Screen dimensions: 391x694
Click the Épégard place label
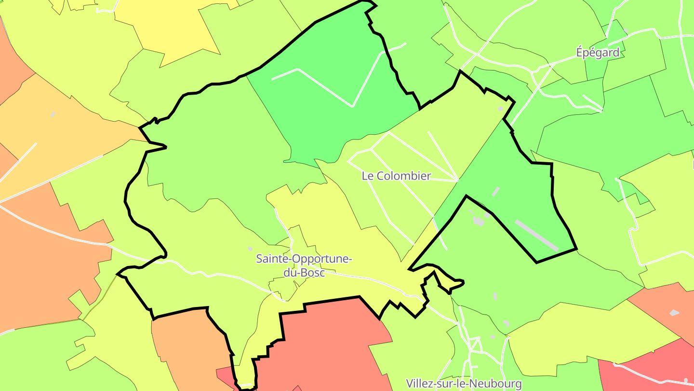pos(598,53)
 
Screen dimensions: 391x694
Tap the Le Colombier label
pos(396,176)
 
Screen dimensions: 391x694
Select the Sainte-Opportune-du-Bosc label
pos(304,265)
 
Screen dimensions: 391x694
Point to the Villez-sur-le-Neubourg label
pos(464,384)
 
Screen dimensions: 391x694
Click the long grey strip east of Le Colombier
pos(536,235)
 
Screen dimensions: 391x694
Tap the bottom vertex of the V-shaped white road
pos(353,106)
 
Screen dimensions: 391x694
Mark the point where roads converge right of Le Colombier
pos(457,181)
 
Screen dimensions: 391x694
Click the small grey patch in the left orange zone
pos(53,114)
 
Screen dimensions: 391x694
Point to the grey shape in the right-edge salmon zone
pos(674,313)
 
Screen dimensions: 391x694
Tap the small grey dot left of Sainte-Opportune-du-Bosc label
pos(250,249)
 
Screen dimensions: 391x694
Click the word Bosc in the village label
pos(310,273)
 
